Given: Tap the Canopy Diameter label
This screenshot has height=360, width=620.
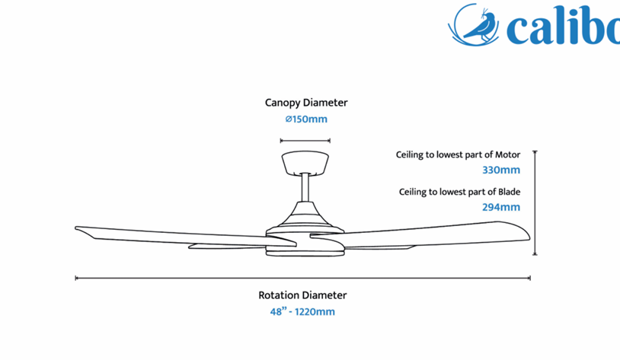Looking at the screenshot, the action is [306, 103].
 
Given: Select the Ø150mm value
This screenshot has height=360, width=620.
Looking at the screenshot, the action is [306, 119].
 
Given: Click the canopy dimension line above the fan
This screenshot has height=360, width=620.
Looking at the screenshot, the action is [305, 140].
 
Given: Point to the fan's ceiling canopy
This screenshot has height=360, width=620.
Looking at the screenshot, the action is [305, 162].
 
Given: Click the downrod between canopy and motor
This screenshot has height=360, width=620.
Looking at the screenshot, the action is [305, 188].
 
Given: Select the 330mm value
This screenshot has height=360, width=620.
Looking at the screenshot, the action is [501, 170].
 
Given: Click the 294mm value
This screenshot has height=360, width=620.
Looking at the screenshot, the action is [501, 207].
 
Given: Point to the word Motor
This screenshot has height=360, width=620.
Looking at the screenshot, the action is [508, 155].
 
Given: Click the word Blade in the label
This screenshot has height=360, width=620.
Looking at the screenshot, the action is [509, 192].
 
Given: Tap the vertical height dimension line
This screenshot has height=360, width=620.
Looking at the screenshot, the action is [535, 202].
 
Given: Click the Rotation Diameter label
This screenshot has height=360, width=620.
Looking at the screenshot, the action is [302, 295].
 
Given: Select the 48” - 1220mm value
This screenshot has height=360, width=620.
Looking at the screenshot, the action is [302, 312].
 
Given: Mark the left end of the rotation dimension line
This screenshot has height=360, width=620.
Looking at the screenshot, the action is [75, 279].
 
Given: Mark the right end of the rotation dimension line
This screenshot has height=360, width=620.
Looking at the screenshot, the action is [530, 279].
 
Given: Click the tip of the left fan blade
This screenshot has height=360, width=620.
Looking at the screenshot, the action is [76, 228].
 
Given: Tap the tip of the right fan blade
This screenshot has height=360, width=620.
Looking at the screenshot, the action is [529, 237].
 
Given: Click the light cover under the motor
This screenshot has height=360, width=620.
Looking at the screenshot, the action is [305, 252].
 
